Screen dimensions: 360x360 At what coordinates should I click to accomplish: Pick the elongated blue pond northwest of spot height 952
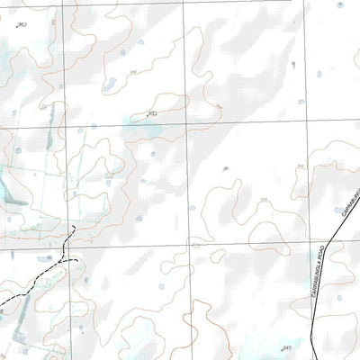pyautogui.click(x=110, y=86)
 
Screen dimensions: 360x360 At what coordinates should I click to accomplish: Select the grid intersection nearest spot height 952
pyautogui.click(x=186, y=124)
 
